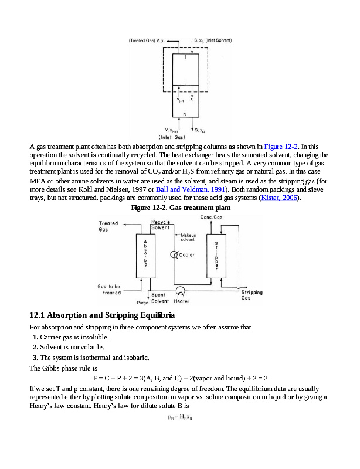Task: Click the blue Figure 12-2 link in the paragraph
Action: point(281,146)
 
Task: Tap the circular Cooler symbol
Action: point(174,254)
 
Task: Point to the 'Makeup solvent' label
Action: point(188,237)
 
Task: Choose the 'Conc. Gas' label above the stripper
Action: point(210,217)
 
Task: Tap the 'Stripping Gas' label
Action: point(252,295)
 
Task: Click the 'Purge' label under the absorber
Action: point(142,303)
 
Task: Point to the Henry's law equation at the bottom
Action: point(180,418)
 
